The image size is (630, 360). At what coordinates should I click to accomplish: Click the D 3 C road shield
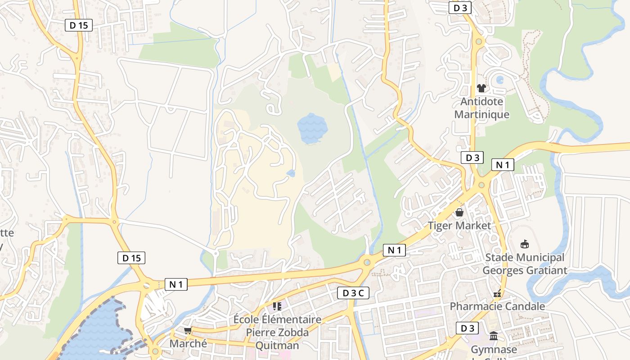[x=353, y=293]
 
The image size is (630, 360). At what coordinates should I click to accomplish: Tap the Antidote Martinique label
[x=481, y=108]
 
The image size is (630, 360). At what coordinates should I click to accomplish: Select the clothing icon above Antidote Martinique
[x=481, y=88]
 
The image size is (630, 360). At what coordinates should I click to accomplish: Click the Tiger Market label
[x=459, y=225]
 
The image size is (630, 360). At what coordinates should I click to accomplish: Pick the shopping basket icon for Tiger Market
[x=459, y=212]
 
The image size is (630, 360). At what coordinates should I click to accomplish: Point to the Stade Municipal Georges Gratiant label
[x=525, y=264]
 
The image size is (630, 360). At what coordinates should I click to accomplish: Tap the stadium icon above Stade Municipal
[x=524, y=244]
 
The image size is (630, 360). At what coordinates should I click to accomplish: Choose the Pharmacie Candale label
[x=497, y=306]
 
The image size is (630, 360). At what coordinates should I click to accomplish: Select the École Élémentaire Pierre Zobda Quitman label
[x=277, y=333]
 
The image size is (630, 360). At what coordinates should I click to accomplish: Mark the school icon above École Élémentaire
[x=277, y=306]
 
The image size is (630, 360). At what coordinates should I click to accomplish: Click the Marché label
[x=188, y=343]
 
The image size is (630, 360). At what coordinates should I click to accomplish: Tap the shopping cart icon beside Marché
[x=188, y=331]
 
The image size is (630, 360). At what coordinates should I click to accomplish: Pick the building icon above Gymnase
[x=494, y=336]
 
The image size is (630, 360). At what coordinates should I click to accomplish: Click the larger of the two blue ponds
[x=312, y=128]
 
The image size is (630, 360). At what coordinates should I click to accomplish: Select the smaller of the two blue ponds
[x=291, y=173]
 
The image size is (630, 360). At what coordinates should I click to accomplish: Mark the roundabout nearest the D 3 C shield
[x=367, y=262]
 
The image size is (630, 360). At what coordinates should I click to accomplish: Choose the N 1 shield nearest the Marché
[x=176, y=284]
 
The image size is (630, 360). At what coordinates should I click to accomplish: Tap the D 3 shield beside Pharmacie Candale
[x=467, y=328]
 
